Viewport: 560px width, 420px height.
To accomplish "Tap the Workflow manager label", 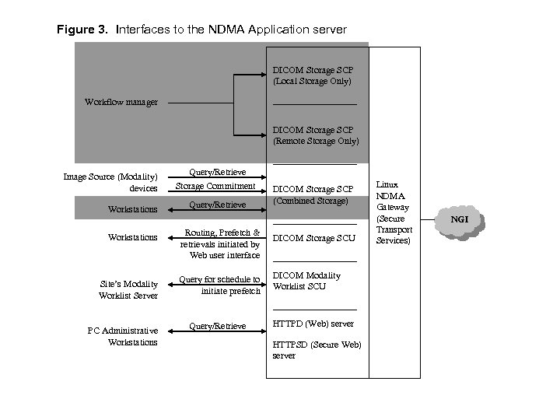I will click(x=121, y=102).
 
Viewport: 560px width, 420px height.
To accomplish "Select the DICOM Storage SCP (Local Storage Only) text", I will click(x=312, y=75).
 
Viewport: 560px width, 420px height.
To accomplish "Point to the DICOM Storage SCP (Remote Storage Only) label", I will click(x=315, y=135).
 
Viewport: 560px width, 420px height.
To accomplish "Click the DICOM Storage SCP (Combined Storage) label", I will click(x=313, y=195).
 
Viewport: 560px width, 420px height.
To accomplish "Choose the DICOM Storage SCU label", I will click(x=313, y=237).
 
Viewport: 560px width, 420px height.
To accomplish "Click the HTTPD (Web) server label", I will click(x=312, y=324).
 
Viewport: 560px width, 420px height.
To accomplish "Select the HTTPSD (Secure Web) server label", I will click(x=317, y=349).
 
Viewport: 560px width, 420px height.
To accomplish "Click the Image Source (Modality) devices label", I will click(x=110, y=182).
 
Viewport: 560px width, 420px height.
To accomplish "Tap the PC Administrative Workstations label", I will click(x=123, y=336).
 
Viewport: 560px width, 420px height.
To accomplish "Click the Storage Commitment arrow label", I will click(x=215, y=186).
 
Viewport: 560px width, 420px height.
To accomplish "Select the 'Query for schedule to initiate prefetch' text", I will click(x=219, y=285).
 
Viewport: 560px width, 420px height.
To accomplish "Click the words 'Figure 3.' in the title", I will click(x=83, y=30).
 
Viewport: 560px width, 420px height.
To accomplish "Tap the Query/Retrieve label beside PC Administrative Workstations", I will click(x=219, y=326).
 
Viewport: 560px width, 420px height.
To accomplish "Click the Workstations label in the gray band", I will click(x=132, y=209).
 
